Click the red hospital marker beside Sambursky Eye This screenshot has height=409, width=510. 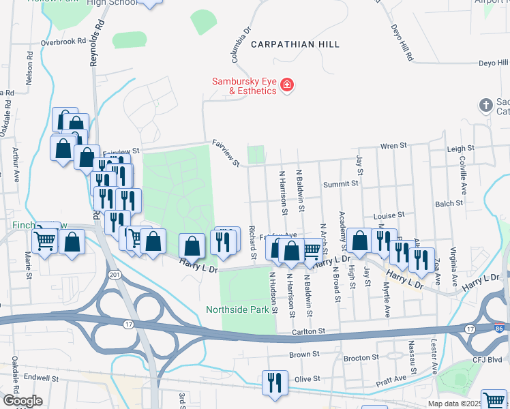(287, 85)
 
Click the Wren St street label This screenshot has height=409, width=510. (393, 146)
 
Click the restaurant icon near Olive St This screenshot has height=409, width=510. (275, 381)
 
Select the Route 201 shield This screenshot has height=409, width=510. (115, 275)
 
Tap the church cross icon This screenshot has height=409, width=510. (485, 105)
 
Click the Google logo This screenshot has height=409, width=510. (22, 401)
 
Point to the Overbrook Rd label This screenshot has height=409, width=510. (61, 42)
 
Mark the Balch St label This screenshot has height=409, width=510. (449, 203)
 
